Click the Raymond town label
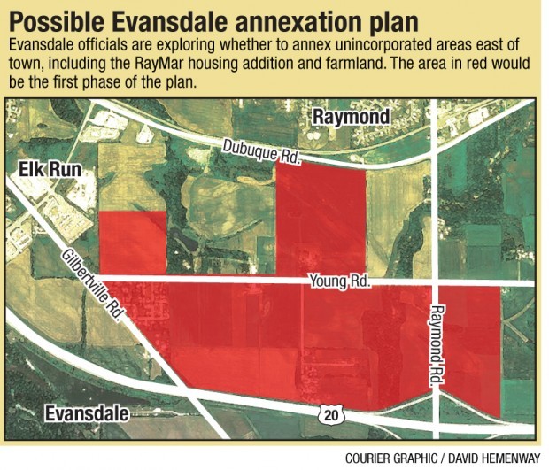point(351,118)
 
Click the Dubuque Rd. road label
point(261,152)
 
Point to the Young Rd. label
point(338,282)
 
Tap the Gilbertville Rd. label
point(93,283)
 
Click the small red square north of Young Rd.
point(132,242)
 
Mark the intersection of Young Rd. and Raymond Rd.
point(435,283)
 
